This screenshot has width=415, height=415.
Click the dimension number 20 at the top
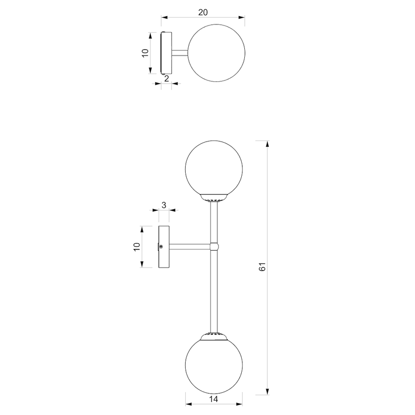[x=203, y=12]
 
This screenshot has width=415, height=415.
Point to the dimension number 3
[x=163, y=205]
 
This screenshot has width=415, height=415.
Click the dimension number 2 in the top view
[x=166, y=78]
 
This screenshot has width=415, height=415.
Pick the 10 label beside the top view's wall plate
[x=145, y=53]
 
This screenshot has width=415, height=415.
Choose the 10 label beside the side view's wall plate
[x=137, y=246]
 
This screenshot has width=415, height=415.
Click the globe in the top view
[x=213, y=53]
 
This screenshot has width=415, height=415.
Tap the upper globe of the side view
[x=213, y=167]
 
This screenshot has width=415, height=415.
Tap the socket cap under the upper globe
[x=213, y=197]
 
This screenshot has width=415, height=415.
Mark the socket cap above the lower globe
[x=213, y=336]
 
